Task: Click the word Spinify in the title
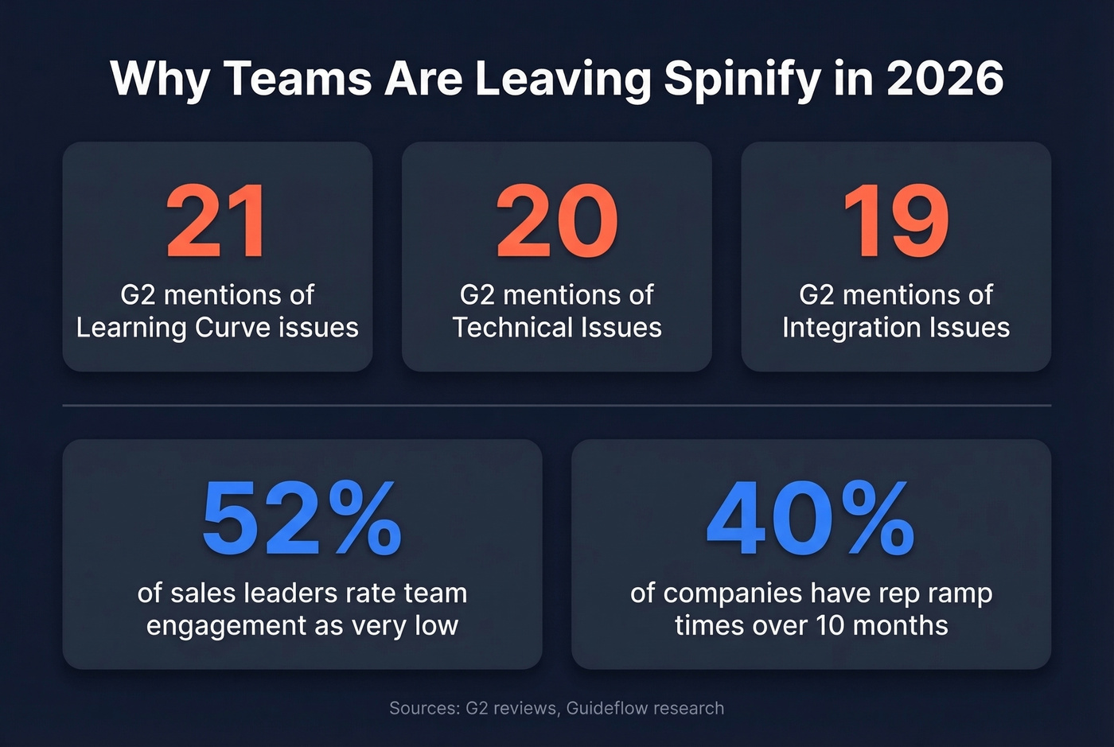pos(742,78)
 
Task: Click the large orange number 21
pos(216,221)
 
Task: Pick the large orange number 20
pos(556,221)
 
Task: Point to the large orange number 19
pos(896,221)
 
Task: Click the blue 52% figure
pos(302,519)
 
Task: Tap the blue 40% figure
pos(811,519)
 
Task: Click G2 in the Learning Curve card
pos(137,295)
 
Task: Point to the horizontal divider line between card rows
pos(556,406)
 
